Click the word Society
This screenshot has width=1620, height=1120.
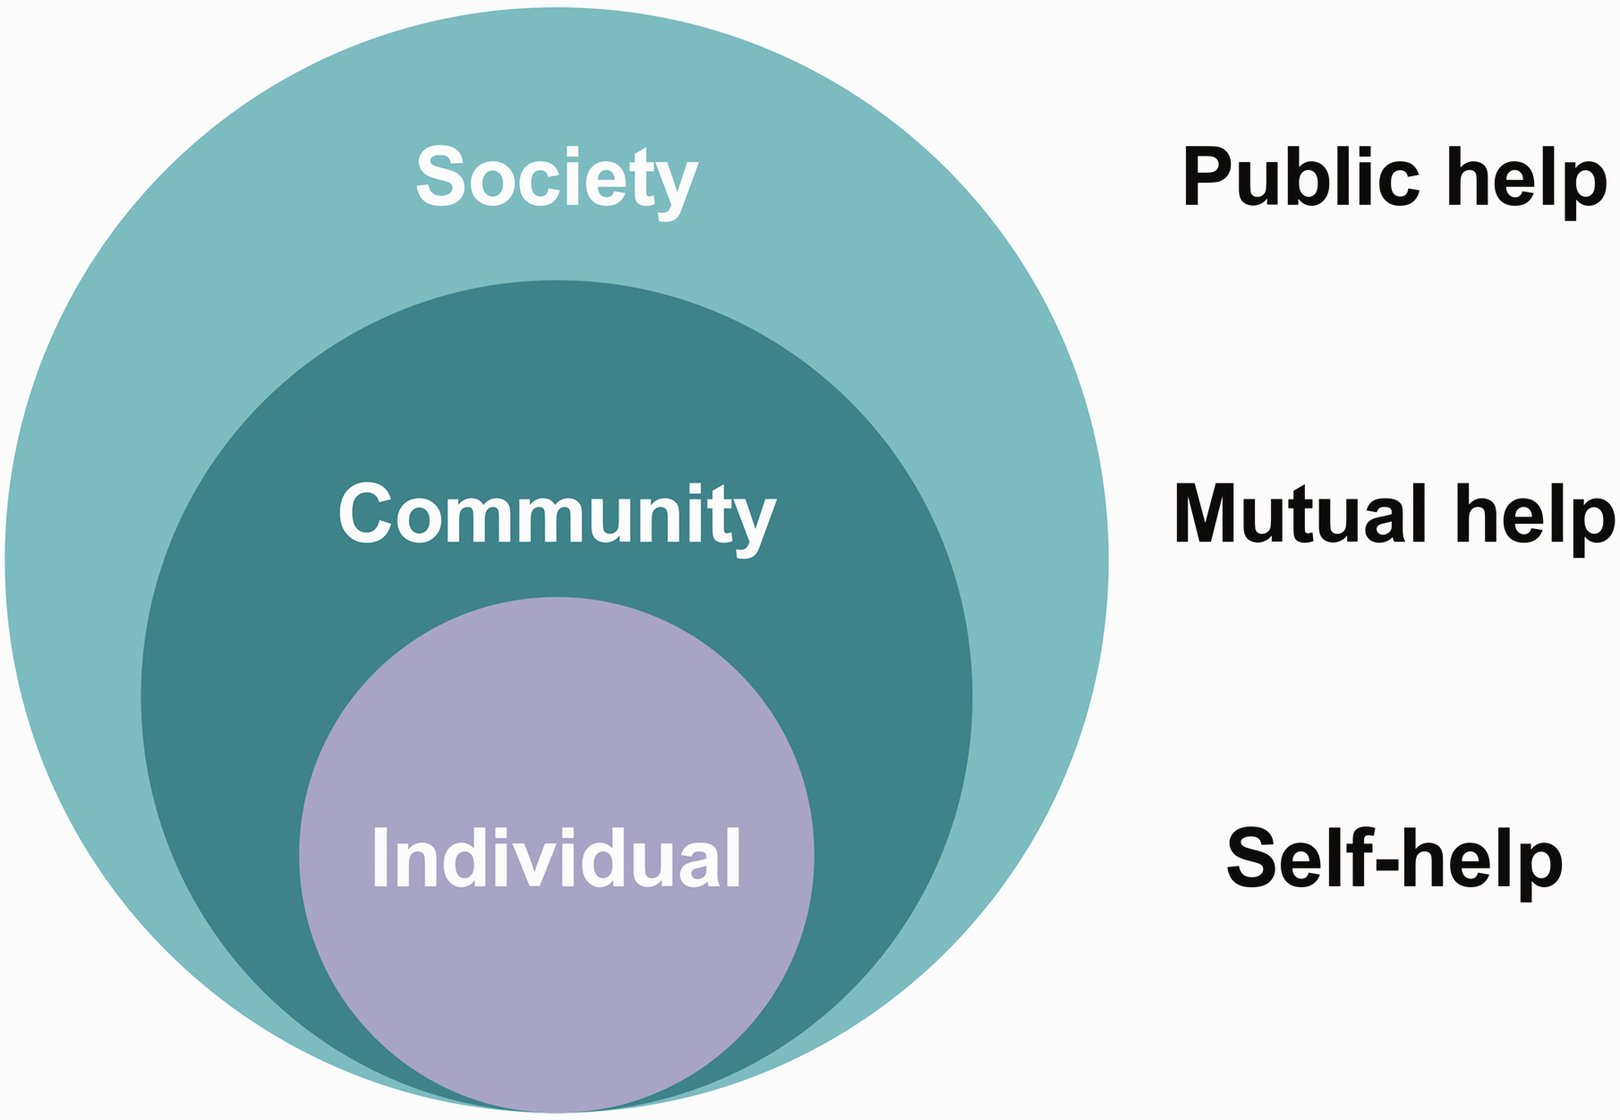(557, 182)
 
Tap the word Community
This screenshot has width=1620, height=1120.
(557, 518)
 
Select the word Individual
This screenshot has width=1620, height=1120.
(557, 857)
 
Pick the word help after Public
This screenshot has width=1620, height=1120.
(1527, 183)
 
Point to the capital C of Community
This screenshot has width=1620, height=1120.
(368, 513)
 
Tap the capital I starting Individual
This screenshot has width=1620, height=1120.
(379, 857)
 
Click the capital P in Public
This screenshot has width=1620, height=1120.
(1210, 176)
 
